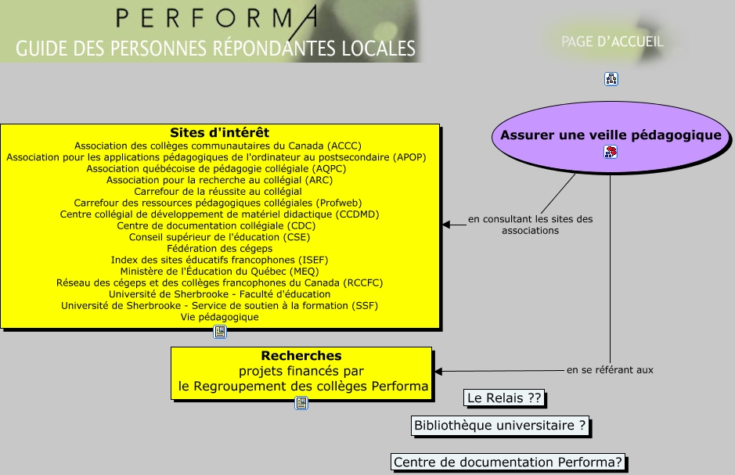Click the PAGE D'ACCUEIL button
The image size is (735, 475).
[x=611, y=41]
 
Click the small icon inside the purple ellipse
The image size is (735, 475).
[x=611, y=152]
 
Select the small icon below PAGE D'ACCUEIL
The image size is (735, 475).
[x=611, y=78]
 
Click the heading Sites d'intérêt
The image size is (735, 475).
[x=219, y=132]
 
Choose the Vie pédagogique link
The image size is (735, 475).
[x=219, y=317]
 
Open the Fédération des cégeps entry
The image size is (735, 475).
[x=219, y=248]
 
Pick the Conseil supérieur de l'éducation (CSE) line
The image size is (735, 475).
[x=219, y=236]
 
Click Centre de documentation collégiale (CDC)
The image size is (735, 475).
[x=219, y=225]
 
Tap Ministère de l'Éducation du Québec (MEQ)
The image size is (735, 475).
[x=219, y=271]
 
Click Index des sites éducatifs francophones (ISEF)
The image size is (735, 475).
[x=219, y=260]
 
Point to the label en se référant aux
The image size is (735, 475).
[x=610, y=369]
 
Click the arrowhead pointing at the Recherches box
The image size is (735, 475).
[x=438, y=371]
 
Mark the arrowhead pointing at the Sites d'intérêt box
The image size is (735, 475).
[x=446, y=225]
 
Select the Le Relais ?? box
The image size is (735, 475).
[x=504, y=398]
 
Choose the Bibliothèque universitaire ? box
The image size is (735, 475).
[x=500, y=426]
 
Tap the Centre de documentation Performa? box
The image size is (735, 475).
[x=508, y=462]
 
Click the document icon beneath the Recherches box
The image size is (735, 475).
[x=301, y=403]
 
